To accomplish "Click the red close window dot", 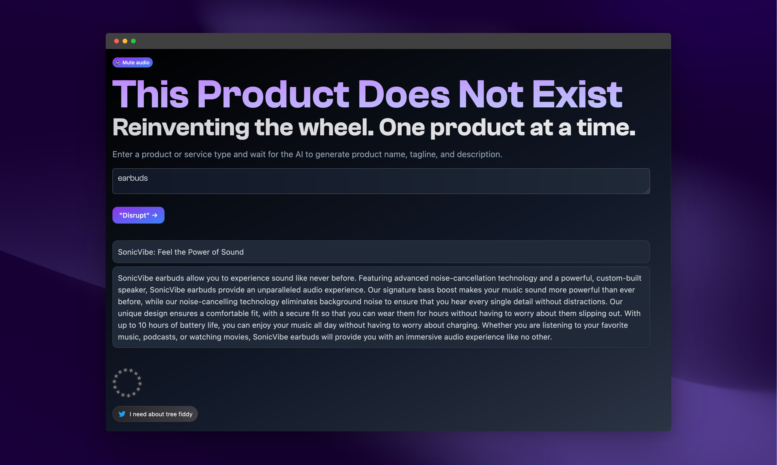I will [x=116, y=41].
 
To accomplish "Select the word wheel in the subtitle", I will [x=336, y=128].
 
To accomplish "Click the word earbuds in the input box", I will [x=133, y=178].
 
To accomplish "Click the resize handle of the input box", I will [x=647, y=191].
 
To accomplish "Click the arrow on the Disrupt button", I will [x=155, y=215].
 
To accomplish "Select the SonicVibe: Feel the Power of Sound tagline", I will [x=181, y=252].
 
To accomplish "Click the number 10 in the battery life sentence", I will [x=142, y=325].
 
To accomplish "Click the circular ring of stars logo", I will [x=127, y=383].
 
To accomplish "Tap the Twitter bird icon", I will [x=122, y=414].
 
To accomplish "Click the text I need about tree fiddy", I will [x=161, y=414].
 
